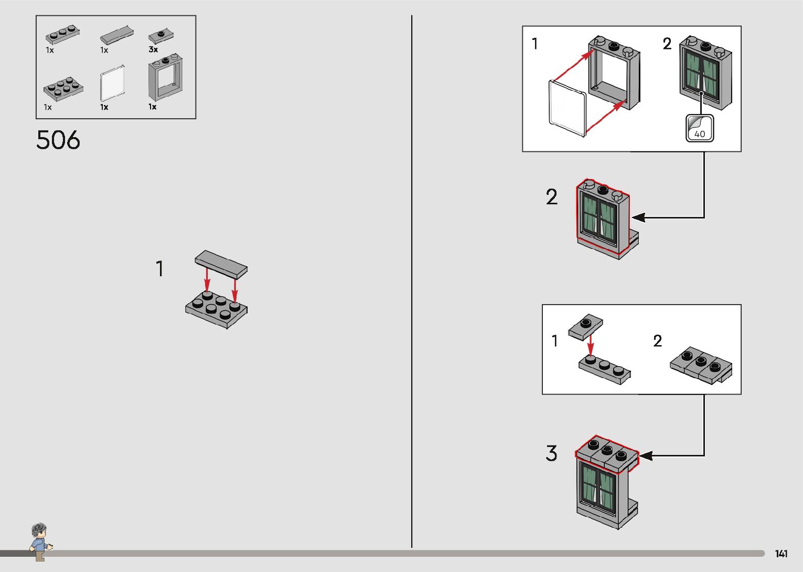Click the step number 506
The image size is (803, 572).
[x=58, y=140]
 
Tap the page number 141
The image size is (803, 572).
[x=781, y=554]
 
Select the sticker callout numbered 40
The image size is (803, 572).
[x=700, y=128]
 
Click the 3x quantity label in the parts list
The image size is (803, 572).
[x=153, y=50]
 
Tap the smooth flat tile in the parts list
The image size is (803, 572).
[x=116, y=36]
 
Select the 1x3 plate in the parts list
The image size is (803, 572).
[x=62, y=35]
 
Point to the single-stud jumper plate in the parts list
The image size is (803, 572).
[x=161, y=36]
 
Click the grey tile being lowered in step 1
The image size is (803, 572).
[x=221, y=264]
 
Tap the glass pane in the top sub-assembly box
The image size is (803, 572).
[x=568, y=109]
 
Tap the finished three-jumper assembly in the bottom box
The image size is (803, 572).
[x=701, y=365]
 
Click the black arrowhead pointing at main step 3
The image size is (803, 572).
[x=645, y=455]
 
